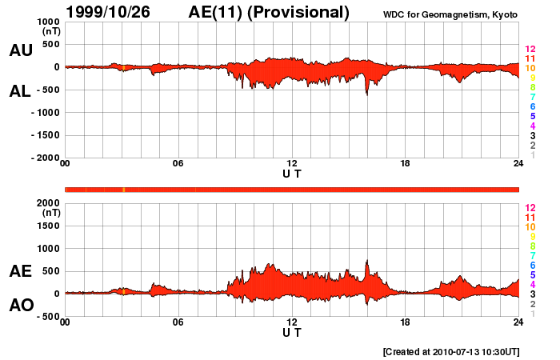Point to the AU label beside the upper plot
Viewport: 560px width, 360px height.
[x=21, y=50]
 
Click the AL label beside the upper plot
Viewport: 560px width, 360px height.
[x=21, y=91]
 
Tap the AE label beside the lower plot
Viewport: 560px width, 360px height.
[x=21, y=271]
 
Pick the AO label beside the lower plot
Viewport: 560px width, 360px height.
[x=21, y=306]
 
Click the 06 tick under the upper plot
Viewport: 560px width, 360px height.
[x=178, y=164]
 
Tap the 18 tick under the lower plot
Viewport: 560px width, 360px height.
[x=405, y=322]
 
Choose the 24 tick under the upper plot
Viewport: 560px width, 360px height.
[x=518, y=164]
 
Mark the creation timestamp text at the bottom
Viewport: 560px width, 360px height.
[x=451, y=351]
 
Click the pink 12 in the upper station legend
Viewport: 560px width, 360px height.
[x=529, y=50]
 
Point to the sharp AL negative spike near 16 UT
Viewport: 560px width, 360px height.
[x=367, y=94]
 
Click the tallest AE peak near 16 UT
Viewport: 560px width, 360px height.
[x=367, y=261]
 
